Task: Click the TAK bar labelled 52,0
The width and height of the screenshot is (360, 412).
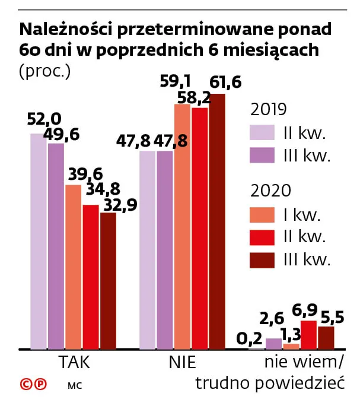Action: (x=39, y=241)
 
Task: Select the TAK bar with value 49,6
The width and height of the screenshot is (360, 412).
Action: (x=56, y=246)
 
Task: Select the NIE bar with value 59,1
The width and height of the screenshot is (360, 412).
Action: (x=182, y=226)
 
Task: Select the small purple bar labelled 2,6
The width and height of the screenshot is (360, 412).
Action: (x=273, y=343)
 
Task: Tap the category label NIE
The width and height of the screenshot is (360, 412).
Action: (x=181, y=363)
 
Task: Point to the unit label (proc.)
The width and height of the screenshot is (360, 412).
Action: (x=45, y=72)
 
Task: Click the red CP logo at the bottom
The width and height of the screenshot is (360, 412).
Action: (x=33, y=384)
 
